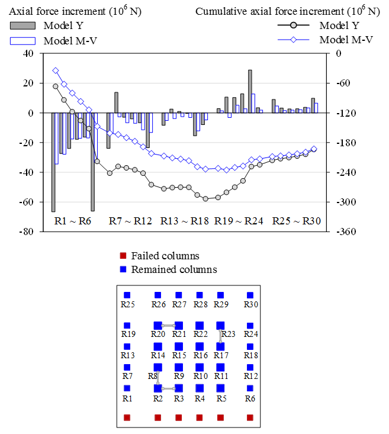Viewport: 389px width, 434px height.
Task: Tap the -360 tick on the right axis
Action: (x=345, y=232)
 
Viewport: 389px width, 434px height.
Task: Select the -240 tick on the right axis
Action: (x=345, y=172)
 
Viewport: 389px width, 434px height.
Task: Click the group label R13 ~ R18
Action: (x=184, y=221)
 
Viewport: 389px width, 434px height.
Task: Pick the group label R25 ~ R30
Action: (x=296, y=221)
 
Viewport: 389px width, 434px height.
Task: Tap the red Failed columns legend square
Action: (x=123, y=256)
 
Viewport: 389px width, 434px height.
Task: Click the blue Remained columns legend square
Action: (x=123, y=269)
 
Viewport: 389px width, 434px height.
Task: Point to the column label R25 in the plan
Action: (x=127, y=305)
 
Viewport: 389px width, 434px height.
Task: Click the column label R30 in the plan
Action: (x=250, y=305)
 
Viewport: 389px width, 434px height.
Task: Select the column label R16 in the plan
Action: (x=200, y=356)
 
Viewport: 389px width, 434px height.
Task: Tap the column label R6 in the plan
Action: (x=250, y=398)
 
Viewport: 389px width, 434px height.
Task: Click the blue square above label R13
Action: (x=127, y=347)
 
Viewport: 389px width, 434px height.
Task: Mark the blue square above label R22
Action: (x=200, y=325)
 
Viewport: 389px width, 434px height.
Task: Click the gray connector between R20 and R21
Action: (x=168, y=326)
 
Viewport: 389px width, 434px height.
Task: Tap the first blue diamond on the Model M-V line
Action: (x=56, y=70)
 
